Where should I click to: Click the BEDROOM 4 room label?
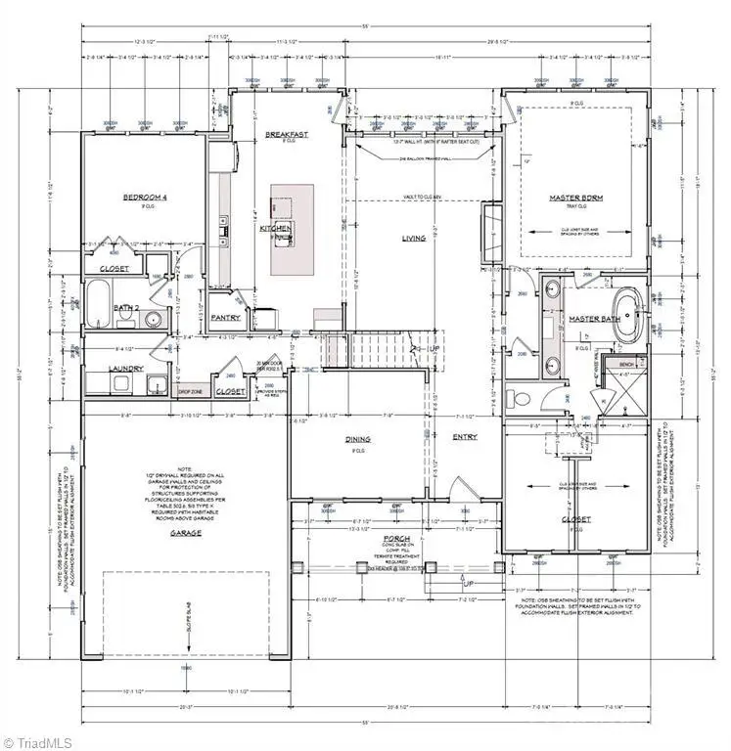click(145, 198)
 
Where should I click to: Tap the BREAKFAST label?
click(287, 134)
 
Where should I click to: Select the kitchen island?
click(292, 229)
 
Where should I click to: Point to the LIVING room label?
click(414, 238)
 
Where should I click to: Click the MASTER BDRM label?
click(576, 198)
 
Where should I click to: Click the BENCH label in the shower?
click(627, 364)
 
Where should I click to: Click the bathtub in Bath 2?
click(100, 303)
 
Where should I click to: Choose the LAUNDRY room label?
click(126, 369)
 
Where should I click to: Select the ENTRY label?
click(464, 437)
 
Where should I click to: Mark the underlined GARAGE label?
click(185, 533)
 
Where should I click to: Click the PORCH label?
click(396, 539)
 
